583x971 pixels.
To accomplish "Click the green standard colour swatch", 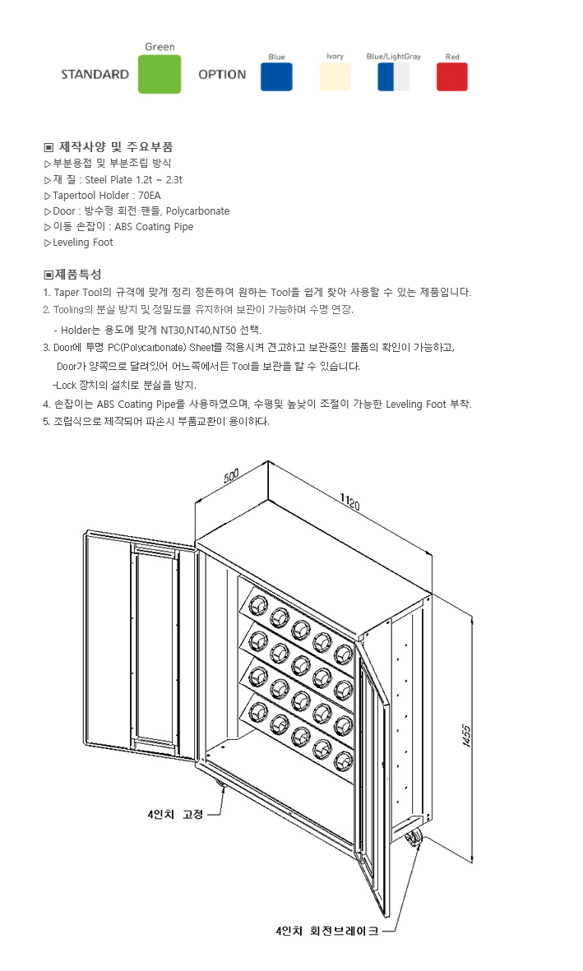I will tap(160, 74).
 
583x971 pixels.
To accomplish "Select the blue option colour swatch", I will tap(276, 76).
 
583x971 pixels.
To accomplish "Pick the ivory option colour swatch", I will tap(335, 76).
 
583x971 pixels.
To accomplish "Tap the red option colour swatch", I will tap(451, 76).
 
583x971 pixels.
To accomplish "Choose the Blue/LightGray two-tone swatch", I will tap(393, 76).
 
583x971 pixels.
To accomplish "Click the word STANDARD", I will tap(95, 74).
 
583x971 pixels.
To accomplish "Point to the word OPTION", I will tap(222, 74).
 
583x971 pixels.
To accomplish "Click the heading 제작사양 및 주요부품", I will tap(115, 147).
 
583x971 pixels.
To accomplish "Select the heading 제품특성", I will tap(78, 274).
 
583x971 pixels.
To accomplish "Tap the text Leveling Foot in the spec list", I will tap(83, 243).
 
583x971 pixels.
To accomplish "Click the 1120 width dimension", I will tap(349, 501).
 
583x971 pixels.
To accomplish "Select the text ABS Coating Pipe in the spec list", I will tap(154, 227).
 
